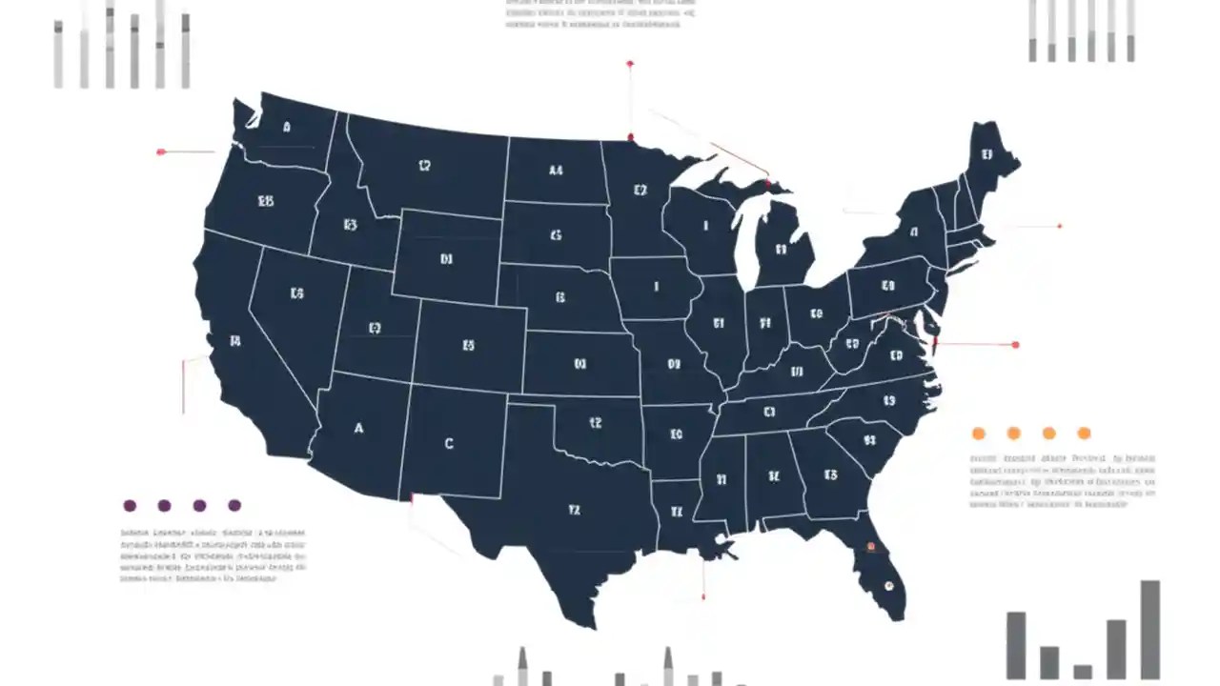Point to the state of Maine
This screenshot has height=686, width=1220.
(x=986, y=162)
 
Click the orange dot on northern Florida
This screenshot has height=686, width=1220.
(x=870, y=547)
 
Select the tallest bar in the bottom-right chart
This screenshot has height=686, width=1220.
(x=1150, y=629)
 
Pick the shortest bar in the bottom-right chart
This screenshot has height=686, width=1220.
(x=1083, y=671)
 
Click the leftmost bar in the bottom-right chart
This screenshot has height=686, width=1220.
(x=1016, y=645)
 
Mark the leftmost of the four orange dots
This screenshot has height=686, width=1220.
(x=978, y=434)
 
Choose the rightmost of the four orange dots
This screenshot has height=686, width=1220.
(x=1084, y=434)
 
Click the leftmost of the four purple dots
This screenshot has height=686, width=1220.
(x=130, y=506)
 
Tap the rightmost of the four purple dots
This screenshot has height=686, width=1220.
(x=234, y=506)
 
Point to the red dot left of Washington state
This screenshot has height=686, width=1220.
(x=161, y=151)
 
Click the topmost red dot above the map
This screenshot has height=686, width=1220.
(x=630, y=64)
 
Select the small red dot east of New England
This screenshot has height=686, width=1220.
(x=1059, y=226)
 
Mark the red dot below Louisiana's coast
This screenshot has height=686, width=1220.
(x=703, y=596)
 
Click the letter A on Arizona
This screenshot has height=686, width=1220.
(x=358, y=429)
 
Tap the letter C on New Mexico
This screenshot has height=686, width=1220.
(x=449, y=443)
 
